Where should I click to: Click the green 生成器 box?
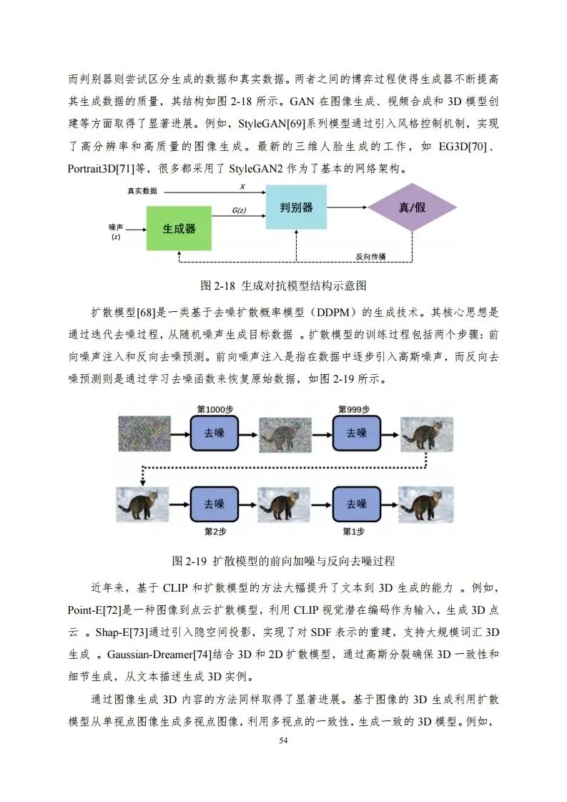[179, 228]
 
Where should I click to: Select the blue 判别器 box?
[296, 207]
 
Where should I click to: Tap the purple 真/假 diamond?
[412, 207]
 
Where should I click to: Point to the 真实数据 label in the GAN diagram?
[142, 191]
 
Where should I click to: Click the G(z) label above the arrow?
[240, 211]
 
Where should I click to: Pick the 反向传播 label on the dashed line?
[370, 256]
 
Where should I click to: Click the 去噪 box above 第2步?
[214, 504]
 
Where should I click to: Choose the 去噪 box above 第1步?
[356, 504]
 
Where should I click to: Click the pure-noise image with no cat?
[143, 433]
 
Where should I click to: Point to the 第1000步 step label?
[214, 409]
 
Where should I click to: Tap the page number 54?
[283, 740]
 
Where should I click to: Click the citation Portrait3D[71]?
[100, 170]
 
